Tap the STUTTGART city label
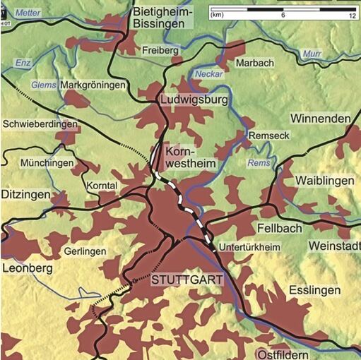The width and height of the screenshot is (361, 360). (187, 280)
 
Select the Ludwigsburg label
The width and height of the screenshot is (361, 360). (194, 101)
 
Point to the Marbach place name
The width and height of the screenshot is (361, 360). (254, 63)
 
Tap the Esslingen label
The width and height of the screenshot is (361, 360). (315, 290)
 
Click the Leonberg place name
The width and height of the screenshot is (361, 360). (27, 269)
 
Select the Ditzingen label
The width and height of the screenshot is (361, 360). (26, 193)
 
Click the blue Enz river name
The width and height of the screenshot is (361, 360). (23, 64)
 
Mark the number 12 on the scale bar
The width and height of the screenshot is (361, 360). (351, 15)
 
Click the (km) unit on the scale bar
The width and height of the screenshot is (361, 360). (218, 15)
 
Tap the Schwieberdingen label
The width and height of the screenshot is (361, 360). (40, 124)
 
